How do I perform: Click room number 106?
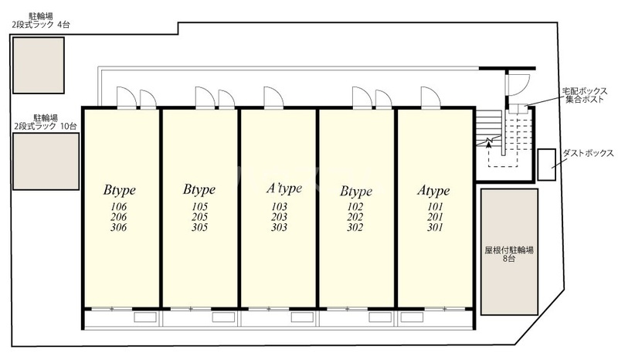tap(119, 206)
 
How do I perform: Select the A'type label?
tap(284, 188)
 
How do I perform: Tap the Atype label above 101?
tap(433, 191)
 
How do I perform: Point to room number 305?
tap(199, 227)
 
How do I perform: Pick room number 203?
tap(279, 217)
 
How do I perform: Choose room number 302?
tap(355, 227)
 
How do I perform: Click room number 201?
tap(435, 217)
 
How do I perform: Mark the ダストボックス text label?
tap(588, 153)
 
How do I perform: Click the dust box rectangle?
tap(547, 165)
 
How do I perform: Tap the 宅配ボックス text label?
tap(585, 91)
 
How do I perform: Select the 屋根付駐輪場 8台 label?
tap(509, 254)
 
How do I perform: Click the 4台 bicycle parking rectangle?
tap(38, 66)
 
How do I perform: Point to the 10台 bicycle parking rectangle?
tap(46, 161)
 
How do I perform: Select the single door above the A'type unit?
tap(273, 97)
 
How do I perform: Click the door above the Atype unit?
tap(430, 97)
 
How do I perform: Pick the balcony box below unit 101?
tap(412, 317)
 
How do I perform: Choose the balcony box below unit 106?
tap(145, 317)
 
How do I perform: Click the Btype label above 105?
tap(199, 190)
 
